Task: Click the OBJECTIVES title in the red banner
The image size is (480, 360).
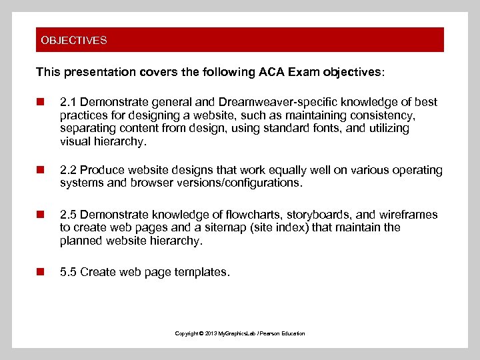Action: tap(73, 40)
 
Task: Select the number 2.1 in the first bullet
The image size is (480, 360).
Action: tap(67, 102)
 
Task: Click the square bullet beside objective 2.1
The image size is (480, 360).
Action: tap(40, 102)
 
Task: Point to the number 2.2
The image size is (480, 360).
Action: tap(67, 170)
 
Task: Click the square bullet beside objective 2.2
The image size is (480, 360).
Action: tap(40, 170)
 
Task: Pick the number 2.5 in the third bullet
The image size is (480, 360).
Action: tap(67, 215)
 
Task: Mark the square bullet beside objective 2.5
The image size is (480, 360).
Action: tap(40, 215)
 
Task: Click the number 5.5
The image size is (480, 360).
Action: tap(67, 272)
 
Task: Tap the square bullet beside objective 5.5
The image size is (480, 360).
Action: tap(40, 272)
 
